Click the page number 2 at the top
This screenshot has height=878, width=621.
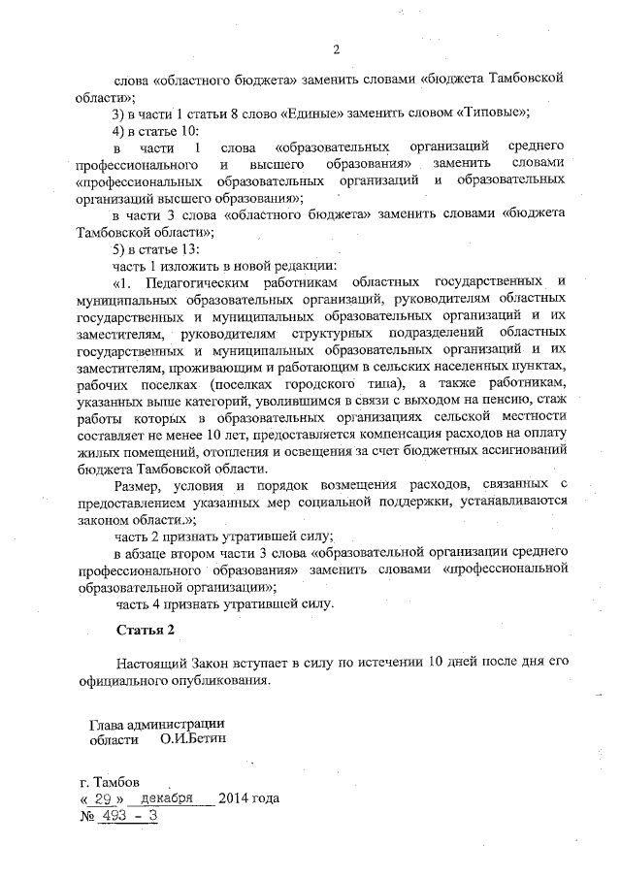point(336,50)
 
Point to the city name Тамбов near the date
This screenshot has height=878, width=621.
point(120,781)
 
